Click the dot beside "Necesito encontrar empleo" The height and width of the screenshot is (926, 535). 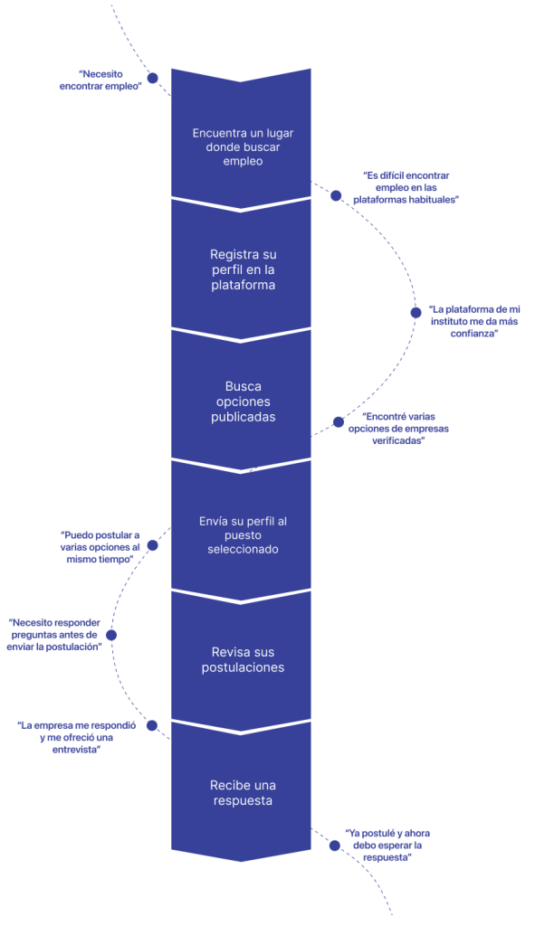152,78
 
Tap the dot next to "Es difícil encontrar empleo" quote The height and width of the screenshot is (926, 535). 336,195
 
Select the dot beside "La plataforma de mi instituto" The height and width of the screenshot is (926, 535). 416,313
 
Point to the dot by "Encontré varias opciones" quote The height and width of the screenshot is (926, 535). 339,421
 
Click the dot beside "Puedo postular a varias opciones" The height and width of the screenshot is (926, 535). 152,545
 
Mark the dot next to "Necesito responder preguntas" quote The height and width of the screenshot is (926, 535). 111,636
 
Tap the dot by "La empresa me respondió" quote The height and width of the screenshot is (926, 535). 152,725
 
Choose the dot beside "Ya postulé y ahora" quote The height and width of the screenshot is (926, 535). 335,846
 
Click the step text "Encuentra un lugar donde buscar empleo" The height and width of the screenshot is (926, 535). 243,147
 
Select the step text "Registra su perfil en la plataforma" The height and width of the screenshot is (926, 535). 243,269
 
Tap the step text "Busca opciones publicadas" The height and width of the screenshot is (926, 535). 243,402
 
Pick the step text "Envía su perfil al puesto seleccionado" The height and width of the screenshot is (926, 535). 243,535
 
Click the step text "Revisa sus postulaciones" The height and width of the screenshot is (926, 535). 243,659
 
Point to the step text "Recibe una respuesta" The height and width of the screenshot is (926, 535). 243,793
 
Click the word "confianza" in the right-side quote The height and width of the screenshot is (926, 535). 474,334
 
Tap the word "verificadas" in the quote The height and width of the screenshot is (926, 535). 398,440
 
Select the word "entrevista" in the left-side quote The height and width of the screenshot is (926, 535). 77,750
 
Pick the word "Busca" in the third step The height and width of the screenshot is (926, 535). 243,386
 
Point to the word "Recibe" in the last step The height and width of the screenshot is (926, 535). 226,786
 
